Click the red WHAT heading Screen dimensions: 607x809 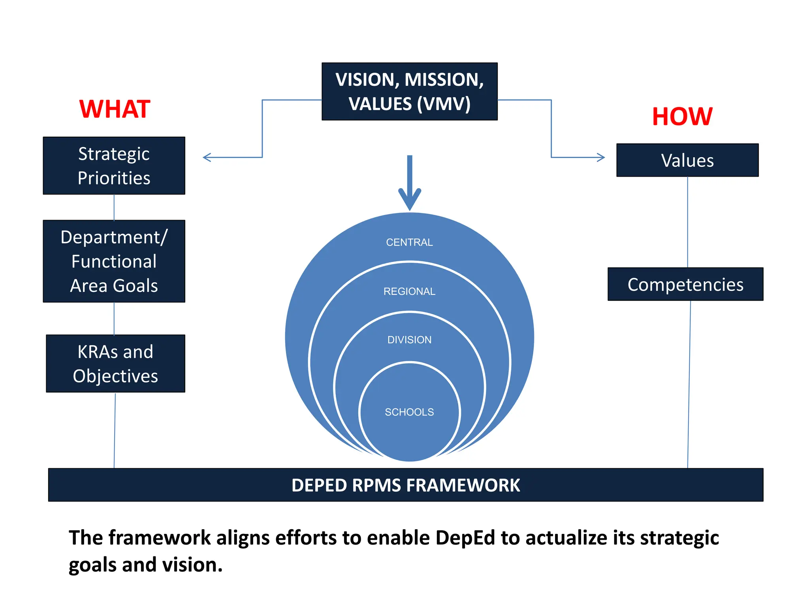(115, 109)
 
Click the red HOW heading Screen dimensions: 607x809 (682, 117)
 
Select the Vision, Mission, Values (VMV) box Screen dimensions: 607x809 (410, 91)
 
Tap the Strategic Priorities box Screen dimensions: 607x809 (114, 166)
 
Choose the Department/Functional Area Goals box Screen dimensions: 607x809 (114, 261)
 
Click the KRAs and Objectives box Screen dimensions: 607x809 (115, 364)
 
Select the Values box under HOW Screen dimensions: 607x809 (687, 160)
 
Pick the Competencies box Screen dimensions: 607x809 (685, 284)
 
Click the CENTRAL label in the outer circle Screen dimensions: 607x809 (409, 242)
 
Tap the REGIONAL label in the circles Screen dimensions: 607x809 (409, 291)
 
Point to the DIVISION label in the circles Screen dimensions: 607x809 (409, 339)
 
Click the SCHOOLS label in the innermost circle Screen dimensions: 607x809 (409, 412)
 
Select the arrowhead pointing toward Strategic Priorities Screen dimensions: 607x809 (207, 157)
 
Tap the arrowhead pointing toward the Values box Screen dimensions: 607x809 (601, 157)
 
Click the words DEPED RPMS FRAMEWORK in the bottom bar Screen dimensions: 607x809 (406, 485)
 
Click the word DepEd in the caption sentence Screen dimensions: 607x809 (465, 537)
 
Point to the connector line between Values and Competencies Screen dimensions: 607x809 (687, 221)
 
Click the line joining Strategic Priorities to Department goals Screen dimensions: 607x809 (114, 207)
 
